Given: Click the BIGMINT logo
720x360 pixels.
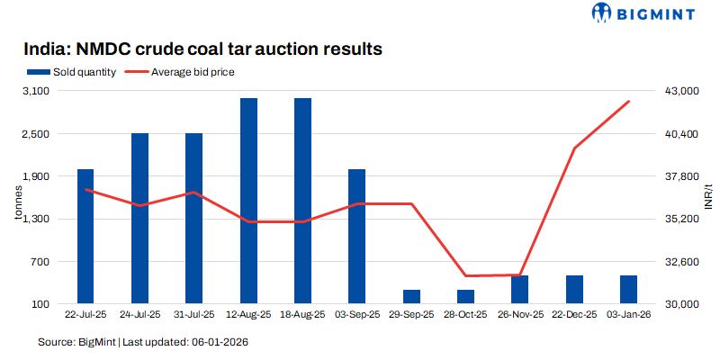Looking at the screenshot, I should tap(641, 13).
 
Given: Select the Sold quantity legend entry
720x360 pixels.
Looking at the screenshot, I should tap(72, 72).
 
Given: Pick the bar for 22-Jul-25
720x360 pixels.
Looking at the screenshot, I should tap(85, 236).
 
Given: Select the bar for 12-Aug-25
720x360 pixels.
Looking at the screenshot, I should tap(248, 201).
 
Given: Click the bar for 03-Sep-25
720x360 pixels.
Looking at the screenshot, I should tap(356, 236).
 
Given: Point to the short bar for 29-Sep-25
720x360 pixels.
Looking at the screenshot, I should tap(411, 296).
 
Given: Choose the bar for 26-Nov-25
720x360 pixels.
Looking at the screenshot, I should tap(519, 289).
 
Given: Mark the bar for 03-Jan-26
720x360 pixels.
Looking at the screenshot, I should tap(628, 289).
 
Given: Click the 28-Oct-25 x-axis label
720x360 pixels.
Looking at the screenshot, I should tap(465, 315).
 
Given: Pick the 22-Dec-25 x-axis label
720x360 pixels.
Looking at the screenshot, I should tap(574, 315).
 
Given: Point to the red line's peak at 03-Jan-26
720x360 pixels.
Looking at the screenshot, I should tap(628, 102).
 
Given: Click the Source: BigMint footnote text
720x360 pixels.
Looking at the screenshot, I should tap(143, 342).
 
